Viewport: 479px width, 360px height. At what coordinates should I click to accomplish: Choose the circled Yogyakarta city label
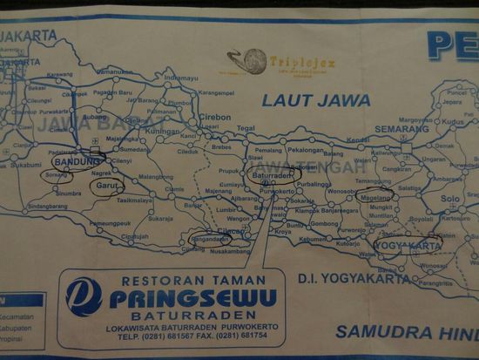[408, 246]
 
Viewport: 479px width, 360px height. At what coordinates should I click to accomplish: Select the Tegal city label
[246, 128]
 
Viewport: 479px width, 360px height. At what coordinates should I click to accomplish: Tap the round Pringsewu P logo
[84, 296]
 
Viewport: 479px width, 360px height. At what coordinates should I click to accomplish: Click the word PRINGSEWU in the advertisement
[192, 298]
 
